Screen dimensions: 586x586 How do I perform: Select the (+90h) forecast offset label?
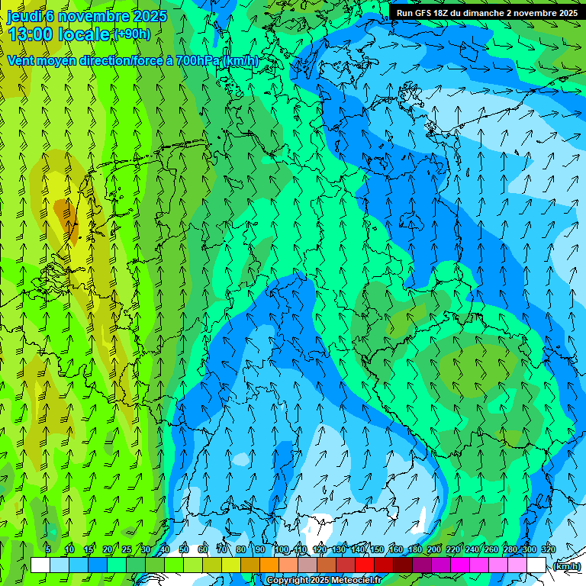tap(132, 34)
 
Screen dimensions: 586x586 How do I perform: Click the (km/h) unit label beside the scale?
tap(566, 566)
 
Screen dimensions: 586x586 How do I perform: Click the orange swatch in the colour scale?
tap(269, 565)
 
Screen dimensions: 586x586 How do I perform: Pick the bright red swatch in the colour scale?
tap(365, 565)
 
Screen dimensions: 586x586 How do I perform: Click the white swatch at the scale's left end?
tap(40, 565)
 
